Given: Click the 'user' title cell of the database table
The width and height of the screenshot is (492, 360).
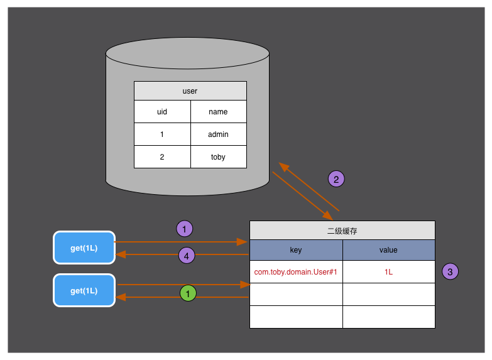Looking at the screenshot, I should point(190,91).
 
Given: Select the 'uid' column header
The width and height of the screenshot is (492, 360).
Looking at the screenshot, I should point(162,112).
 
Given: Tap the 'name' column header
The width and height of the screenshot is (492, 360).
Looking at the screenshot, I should point(218,112).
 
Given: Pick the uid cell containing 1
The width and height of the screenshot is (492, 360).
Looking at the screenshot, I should point(162,134).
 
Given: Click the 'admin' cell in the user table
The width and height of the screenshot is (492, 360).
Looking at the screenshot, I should point(218,134).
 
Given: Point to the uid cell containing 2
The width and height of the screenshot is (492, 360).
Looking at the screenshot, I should point(162,157).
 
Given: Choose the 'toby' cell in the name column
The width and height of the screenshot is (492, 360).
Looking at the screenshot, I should point(218,157).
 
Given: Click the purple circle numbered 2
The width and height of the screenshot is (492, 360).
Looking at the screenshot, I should point(336,179).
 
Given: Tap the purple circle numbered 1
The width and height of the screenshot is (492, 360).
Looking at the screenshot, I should point(184,229).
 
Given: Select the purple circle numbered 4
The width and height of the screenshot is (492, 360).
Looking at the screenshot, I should point(186,255).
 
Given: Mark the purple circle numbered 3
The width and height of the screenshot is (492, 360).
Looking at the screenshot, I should point(450,271).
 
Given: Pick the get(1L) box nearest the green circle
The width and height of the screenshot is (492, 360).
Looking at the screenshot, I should point(84,290).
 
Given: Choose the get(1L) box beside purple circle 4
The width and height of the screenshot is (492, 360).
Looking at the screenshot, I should point(84,248).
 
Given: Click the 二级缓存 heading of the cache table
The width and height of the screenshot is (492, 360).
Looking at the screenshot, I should point(342,231).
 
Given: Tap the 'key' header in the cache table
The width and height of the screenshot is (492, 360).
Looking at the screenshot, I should point(296,250).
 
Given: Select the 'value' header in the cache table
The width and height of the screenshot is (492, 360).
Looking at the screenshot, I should point(388,250).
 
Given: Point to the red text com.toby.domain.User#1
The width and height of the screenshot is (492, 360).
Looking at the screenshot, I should point(296,272).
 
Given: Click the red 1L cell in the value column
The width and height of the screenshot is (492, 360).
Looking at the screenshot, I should point(388,272).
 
